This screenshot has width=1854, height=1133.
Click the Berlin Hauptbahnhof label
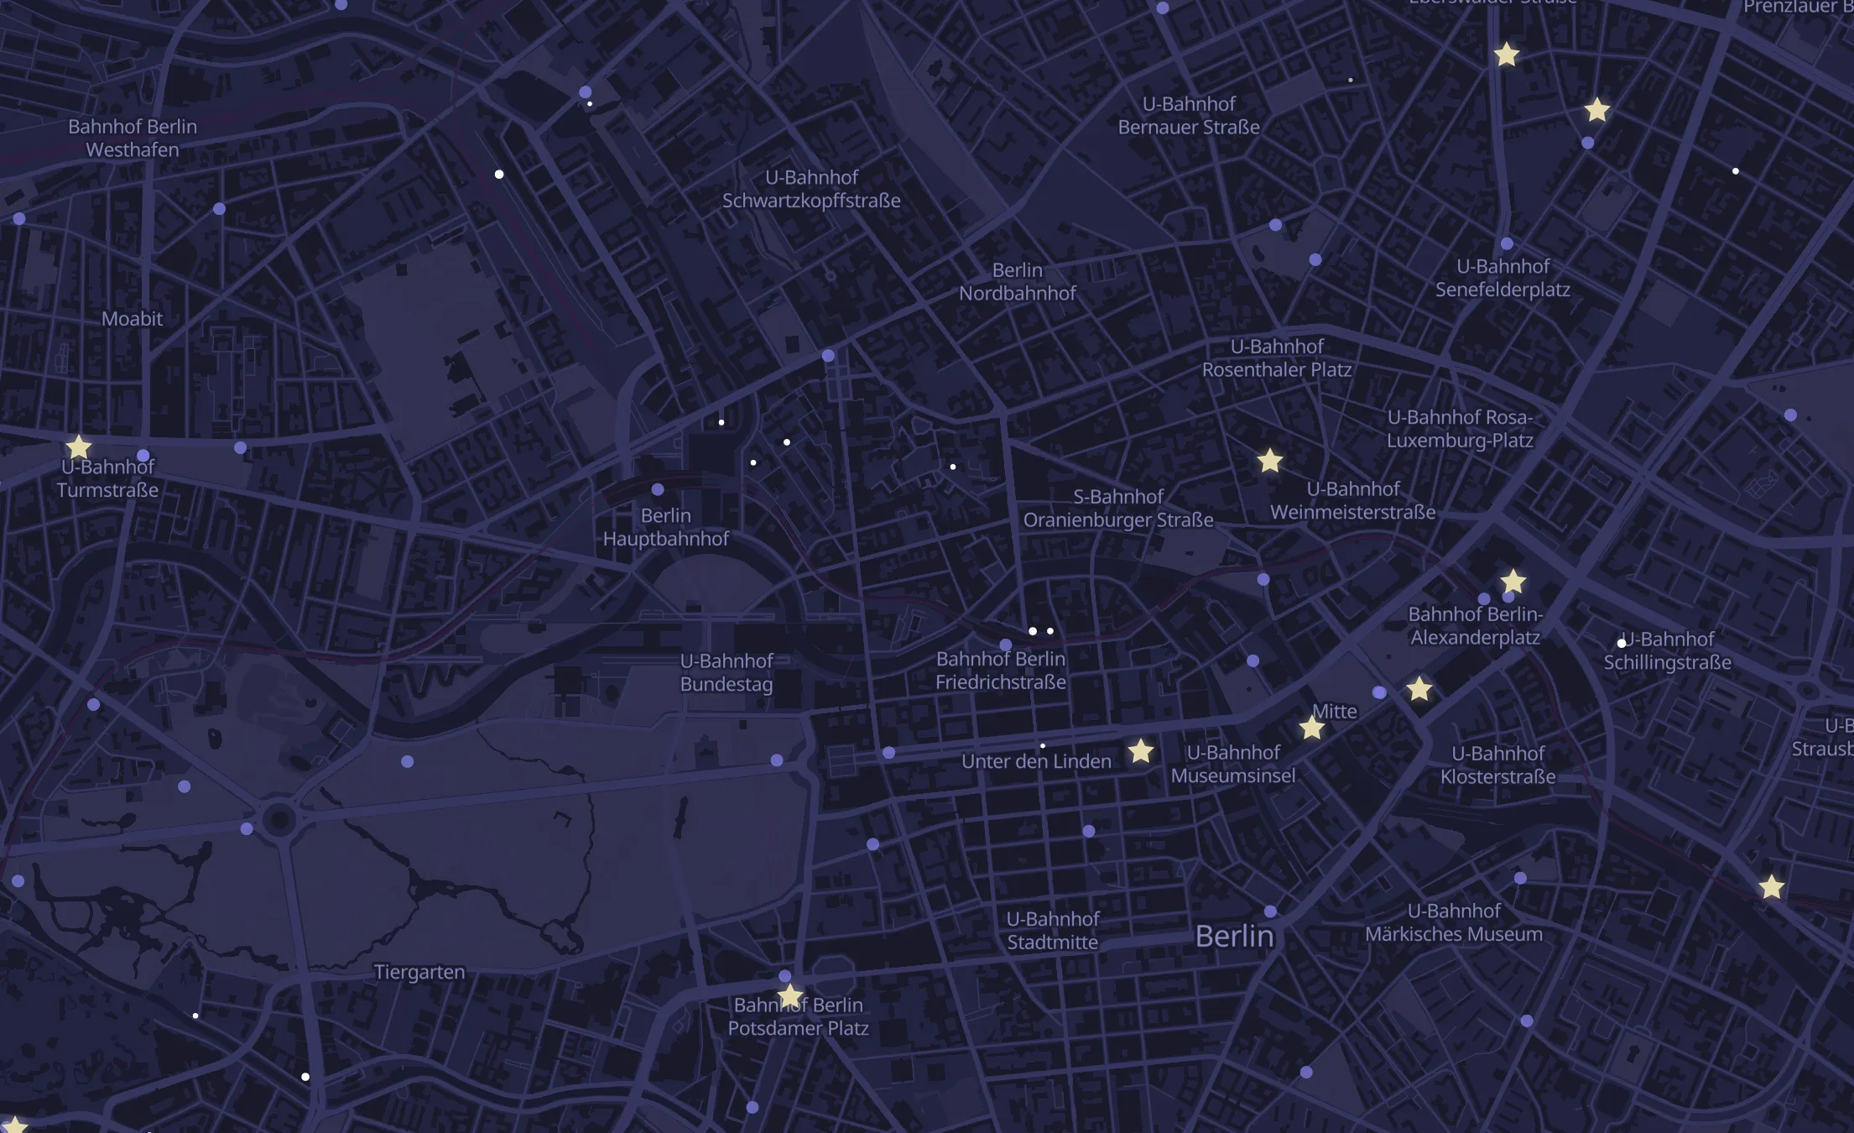pos(666,527)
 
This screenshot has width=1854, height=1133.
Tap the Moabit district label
pos(132,319)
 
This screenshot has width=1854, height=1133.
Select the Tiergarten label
pos(419,972)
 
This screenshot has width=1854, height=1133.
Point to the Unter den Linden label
pos(1036,761)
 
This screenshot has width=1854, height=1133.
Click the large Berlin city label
pos(1234,936)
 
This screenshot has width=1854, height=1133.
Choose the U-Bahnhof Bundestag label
pos(726,672)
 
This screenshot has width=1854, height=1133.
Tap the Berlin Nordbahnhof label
pos(1017,282)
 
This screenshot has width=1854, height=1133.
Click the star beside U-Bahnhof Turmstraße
pos(78,446)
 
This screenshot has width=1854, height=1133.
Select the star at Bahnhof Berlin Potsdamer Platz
pos(789,995)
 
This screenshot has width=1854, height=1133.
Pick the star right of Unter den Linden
pos(1141,751)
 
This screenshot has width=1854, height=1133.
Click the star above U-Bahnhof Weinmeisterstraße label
pos(1270,460)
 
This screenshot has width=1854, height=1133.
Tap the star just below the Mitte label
pos(1312,728)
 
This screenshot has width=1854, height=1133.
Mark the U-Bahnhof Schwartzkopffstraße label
pos(811,189)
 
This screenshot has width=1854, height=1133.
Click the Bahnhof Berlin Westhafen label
pos(133,138)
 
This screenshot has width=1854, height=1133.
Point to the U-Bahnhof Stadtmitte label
pos(1053,931)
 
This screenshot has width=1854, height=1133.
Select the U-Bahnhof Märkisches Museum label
pos(1454,922)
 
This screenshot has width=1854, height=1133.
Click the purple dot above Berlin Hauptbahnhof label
pos(658,489)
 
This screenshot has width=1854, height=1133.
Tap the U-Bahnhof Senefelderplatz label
pos(1502,278)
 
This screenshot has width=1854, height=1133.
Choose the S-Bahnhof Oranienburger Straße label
pos(1118,509)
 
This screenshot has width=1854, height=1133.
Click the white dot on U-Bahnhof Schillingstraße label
pos(1622,644)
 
